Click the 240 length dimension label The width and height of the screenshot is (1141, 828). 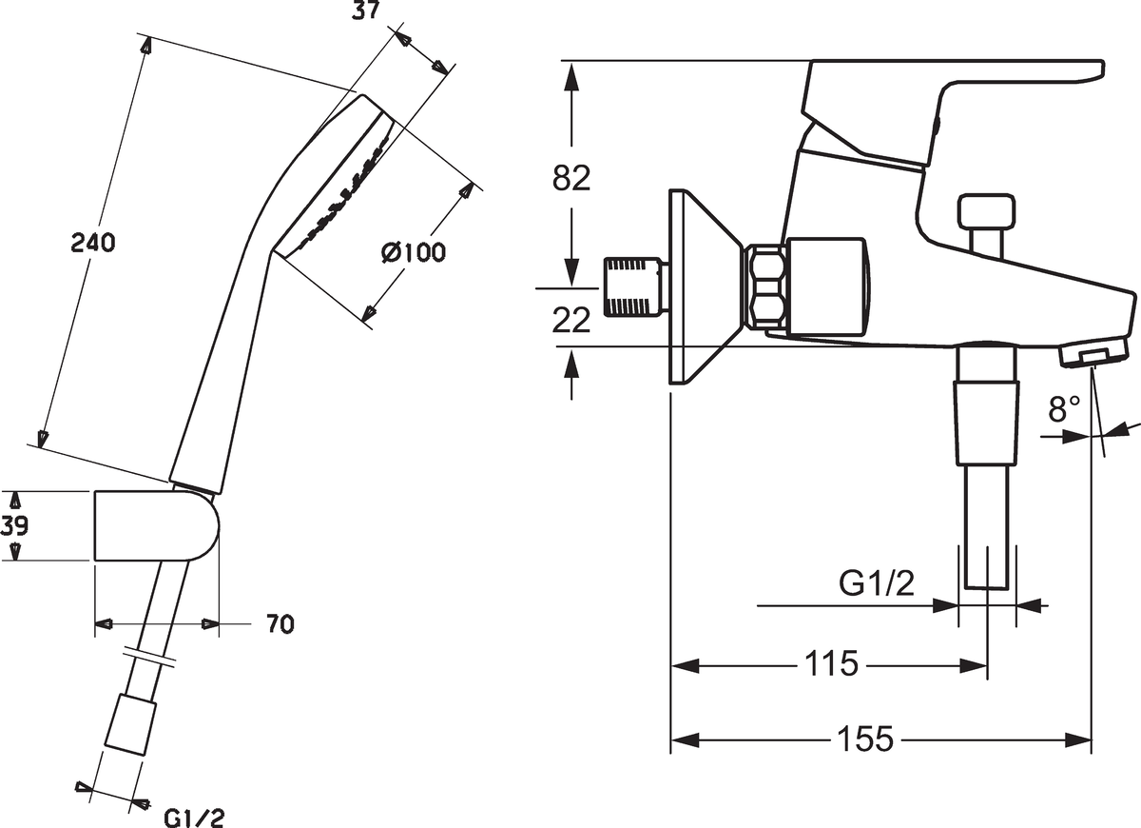click(x=93, y=244)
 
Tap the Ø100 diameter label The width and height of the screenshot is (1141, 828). click(x=413, y=253)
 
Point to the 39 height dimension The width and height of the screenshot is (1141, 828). click(x=12, y=526)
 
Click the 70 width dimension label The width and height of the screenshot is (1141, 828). click(x=280, y=624)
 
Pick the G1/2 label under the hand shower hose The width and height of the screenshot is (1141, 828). click(x=195, y=817)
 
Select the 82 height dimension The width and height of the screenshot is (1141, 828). click(x=570, y=178)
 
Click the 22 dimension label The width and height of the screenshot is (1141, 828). click(x=570, y=321)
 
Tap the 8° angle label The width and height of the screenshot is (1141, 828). click(x=1065, y=409)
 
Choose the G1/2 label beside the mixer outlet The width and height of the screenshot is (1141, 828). click(x=876, y=582)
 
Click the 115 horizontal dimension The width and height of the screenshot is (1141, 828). click(x=830, y=663)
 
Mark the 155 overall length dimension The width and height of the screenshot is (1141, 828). click(x=865, y=739)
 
